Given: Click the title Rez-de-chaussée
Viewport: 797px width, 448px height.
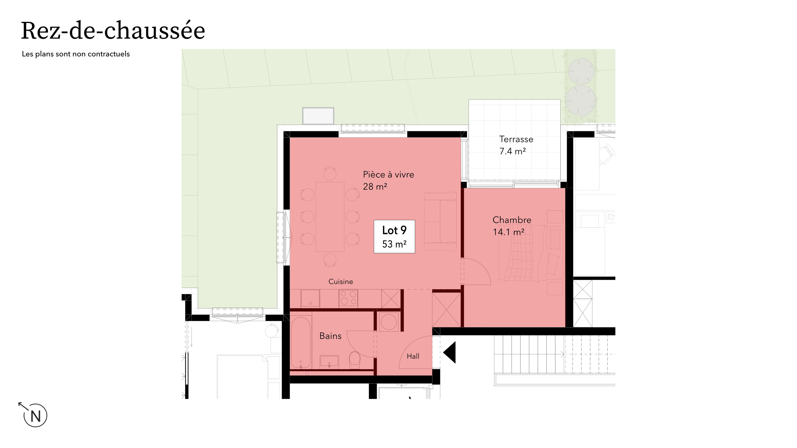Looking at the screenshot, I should [x=113, y=31].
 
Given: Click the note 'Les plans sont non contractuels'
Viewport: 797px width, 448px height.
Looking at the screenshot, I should [x=76, y=54].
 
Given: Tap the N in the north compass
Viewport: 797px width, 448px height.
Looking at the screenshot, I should [x=35, y=416].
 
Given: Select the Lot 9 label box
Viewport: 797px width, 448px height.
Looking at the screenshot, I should [x=394, y=236].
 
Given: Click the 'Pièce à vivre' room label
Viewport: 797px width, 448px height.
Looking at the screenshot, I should [x=388, y=175].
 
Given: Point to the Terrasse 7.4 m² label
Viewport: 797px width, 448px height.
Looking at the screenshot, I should [x=516, y=145].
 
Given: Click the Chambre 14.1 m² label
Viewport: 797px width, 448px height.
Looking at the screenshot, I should [x=512, y=226].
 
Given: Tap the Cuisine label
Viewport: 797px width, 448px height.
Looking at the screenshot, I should [x=341, y=282].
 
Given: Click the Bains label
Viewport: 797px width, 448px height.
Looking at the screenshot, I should [x=330, y=336].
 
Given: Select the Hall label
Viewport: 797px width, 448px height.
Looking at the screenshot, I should [x=413, y=356].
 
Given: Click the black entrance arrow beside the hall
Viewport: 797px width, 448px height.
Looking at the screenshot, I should [x=450, y=352].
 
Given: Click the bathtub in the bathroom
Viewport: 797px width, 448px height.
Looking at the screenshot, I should [x=300, y=342].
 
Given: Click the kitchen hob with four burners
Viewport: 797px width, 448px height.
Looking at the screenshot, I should [x=348, y=298].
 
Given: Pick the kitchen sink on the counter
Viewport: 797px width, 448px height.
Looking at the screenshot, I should [x=310, y=298].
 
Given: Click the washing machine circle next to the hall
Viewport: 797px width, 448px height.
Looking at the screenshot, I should [x=389, y=322].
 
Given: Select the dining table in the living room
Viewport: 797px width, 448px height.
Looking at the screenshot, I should [x=330, y=217].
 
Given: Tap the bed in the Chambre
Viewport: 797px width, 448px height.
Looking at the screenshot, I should [x=531, y=253].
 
